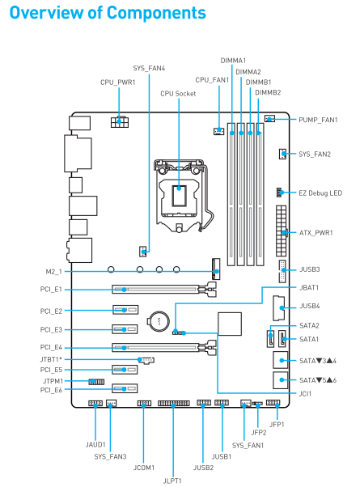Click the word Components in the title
(156, 13)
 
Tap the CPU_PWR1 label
(118, 83)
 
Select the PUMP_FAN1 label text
(318, 121)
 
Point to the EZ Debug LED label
(320, 193)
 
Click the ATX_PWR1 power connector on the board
(281, 231)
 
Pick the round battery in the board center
(158, 321)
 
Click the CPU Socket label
(178, 94)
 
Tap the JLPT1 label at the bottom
(172, 481)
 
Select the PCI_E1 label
(51, 290)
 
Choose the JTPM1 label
(53, 381)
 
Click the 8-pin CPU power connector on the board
(120, 122)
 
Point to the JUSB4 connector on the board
(278, 308)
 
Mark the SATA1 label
(309, 340)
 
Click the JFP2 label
(259, 433)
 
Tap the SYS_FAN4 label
(149, 68)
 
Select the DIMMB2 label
(268, 92)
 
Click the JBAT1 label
(309, 288)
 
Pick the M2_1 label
(53, 272)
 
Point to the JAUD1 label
(95, 444)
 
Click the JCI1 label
(305, 394)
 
